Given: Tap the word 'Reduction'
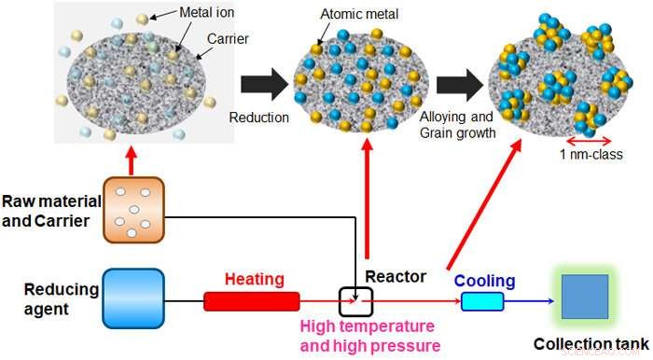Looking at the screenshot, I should tap(258, 118).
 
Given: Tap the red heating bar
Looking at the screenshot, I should tap(252, 300).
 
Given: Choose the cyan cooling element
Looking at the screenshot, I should tap(481, 301).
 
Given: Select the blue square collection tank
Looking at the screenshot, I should tap(585, 298).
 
